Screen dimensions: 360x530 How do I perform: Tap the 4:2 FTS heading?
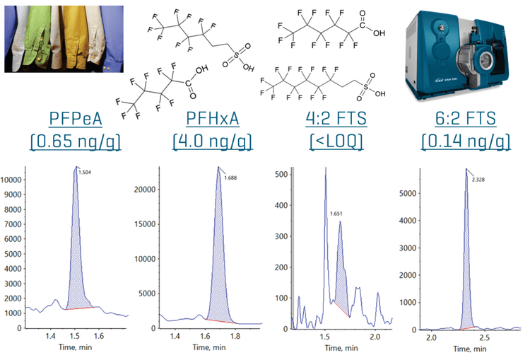point(336,117)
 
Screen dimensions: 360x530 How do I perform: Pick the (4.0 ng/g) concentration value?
point(211,141)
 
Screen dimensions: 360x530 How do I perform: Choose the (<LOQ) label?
point(336,141)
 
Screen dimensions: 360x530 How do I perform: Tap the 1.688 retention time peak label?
point(230,178)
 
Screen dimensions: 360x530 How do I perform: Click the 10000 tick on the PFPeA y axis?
point(13,180)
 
